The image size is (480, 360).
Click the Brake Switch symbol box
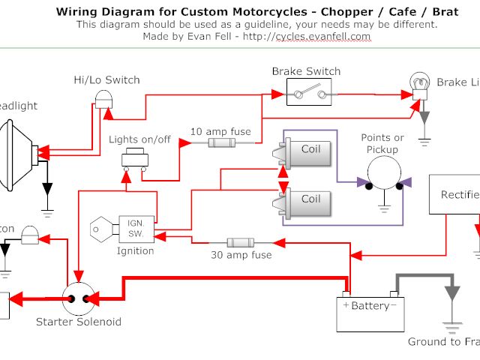click(306, 94)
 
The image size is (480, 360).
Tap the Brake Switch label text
click(306, 72)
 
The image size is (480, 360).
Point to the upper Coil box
click(305, 149)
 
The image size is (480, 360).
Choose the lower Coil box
click(305, 199)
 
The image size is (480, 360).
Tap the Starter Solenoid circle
click(79, 298)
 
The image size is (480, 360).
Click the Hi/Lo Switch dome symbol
click(107, 97)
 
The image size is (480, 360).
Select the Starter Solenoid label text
click(79, 322)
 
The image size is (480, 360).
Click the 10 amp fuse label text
click(220, 131)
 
